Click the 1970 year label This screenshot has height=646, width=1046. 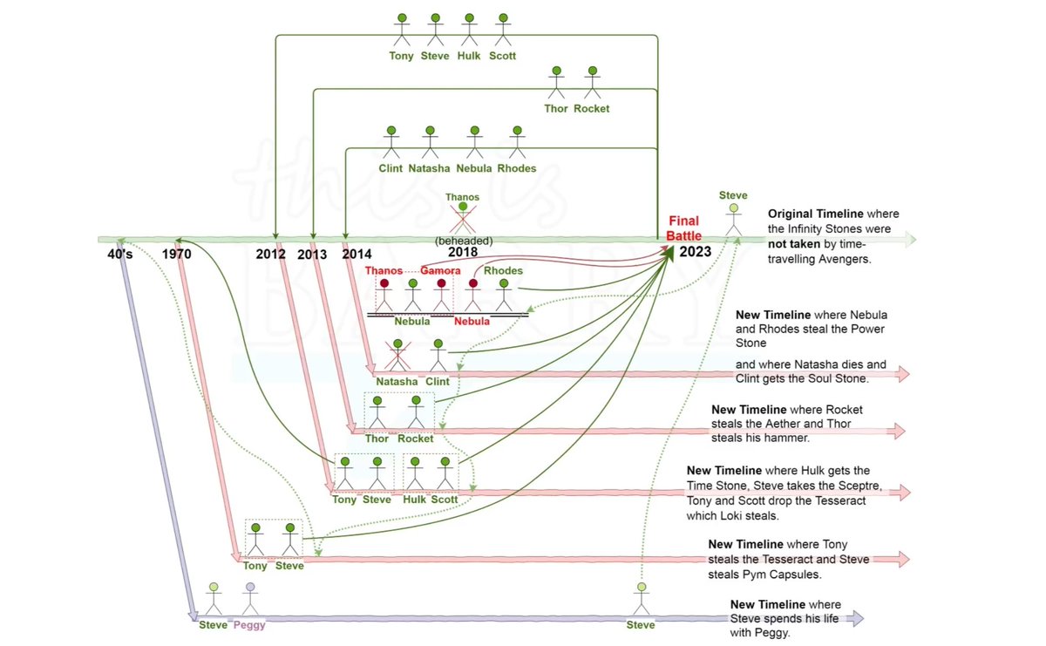tap(176, 254)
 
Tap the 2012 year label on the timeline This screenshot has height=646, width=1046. tap(270, 254)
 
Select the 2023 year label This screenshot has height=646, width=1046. tap(696, 252)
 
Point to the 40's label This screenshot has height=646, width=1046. tap(120, 254)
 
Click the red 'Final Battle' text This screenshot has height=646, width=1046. tap(683, 228)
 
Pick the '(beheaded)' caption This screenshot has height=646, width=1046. tap(464, 241)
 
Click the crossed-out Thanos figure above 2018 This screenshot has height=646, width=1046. tap(463, 218)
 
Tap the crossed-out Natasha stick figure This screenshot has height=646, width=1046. tap(397, 356)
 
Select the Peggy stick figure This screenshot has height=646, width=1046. tap(250, 599)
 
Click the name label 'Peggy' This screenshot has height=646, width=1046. tap(249, 625)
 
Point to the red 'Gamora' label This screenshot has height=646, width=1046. tap(440, 270)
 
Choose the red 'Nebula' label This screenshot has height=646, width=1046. tap(472, 322)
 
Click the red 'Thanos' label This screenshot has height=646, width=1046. tap(384, 270)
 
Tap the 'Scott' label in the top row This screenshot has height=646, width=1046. tap(502, 56)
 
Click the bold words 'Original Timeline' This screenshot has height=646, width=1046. tap(815, 214)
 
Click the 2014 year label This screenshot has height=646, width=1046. tap(357, 254)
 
